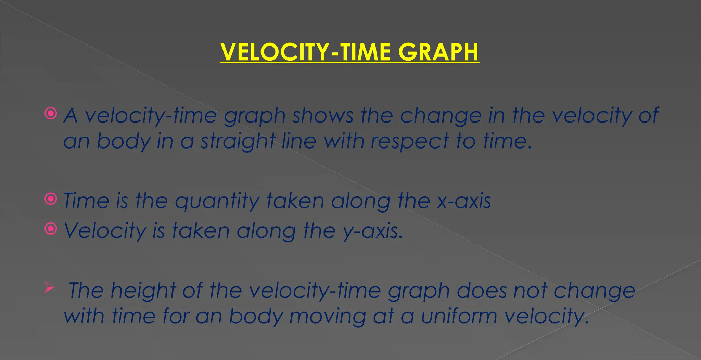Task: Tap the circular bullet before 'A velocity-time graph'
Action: [51, 113]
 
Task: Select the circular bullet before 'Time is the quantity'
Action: [51, 198]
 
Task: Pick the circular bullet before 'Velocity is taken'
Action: [51, 229]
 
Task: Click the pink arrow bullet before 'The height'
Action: [49, 288]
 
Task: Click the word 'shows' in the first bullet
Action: [322, 115]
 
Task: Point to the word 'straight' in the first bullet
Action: [238, 141]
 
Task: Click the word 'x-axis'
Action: [464, 201]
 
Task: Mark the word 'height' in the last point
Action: [143, 291]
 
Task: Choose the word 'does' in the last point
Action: [481, 291]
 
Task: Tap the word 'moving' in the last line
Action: [328, 317]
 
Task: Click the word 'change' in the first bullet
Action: [441, 116]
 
